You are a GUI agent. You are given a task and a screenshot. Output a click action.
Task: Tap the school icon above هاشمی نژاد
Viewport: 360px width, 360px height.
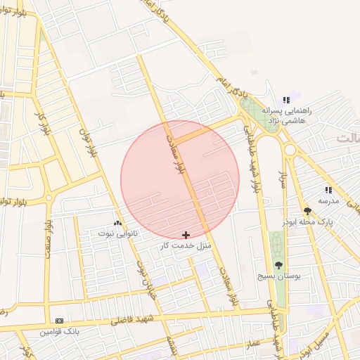286,100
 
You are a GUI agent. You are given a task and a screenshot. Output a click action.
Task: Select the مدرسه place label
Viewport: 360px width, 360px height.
328,200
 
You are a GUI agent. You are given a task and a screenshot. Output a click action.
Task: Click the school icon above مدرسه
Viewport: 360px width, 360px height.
328,190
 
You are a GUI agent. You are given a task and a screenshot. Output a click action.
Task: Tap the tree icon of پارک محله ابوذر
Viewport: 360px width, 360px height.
307,210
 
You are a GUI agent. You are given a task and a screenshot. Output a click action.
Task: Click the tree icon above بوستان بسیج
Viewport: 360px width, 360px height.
279,265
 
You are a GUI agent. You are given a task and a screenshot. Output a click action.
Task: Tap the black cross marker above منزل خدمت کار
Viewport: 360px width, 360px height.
186,234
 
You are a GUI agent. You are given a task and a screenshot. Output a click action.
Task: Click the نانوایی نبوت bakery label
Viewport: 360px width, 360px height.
117,232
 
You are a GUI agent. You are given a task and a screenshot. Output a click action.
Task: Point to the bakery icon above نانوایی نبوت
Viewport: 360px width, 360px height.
117,221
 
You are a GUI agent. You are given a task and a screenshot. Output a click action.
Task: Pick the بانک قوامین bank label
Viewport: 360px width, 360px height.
58,330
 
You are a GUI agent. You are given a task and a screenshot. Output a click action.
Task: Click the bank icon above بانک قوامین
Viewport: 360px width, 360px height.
59,320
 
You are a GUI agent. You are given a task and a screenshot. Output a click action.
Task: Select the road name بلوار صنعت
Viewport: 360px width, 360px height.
47,236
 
